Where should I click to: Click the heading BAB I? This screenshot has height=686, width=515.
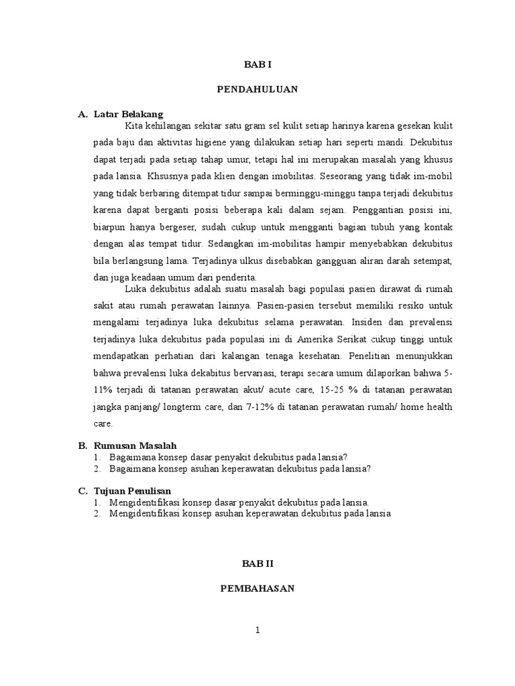[257, 65]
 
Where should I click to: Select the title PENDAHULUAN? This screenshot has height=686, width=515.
[257, 88]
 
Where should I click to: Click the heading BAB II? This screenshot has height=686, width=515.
[257, 565]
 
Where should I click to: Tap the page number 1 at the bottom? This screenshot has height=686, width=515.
[257, 630]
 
